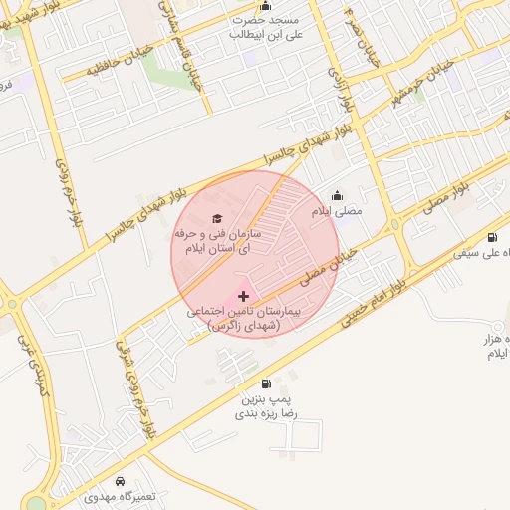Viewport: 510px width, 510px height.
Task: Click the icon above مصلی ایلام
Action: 337,195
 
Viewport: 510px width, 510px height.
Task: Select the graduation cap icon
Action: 218,218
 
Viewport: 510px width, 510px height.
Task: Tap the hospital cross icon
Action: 244,296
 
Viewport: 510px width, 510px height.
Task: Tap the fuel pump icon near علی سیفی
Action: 493,237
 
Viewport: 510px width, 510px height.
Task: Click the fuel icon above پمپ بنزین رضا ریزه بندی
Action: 265,382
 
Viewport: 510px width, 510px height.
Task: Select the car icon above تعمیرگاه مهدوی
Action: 121,479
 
